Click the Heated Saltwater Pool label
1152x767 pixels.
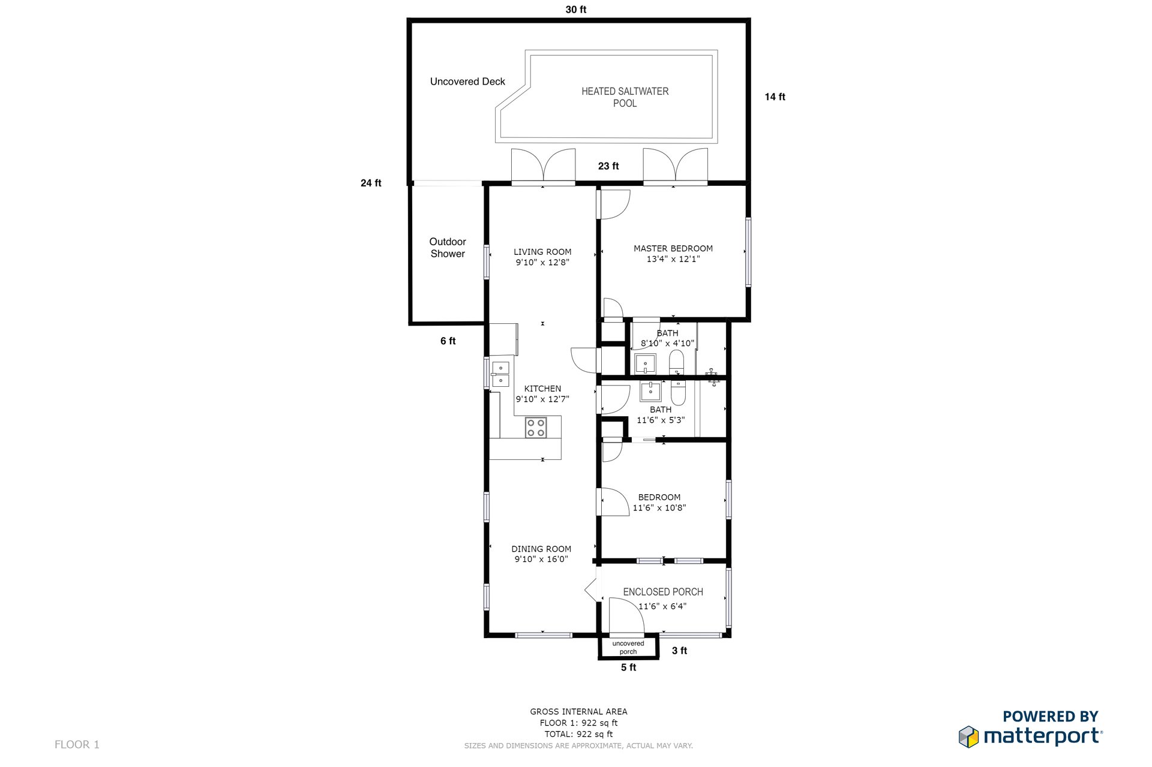pos(625,97)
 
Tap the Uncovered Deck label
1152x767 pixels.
pos(467,82)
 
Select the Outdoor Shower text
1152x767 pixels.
pos(448,248)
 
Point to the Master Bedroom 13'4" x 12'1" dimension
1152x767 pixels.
pos(673,259)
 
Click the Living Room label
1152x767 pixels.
pos(542,252)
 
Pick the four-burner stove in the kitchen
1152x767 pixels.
pos(536,428)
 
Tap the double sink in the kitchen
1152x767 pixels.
pos(500,374)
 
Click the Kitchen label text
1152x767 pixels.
pos(542,389)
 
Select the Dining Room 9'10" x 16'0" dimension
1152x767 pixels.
pos(541,560)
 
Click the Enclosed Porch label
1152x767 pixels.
pos(663,592)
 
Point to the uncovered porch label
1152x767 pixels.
pos(628,648)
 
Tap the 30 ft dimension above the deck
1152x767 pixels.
pos(576,10)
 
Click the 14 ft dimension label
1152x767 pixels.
pos(775,97)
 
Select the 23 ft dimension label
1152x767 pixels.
pos(608,166)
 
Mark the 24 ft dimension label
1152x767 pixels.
pos(371,183)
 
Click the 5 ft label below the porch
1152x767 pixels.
pos(628,667)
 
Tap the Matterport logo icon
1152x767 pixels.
pos(968,737)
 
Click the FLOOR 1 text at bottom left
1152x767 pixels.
pos(77,745)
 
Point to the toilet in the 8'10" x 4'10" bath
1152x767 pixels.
pos(676,363)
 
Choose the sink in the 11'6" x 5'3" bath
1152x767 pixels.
pos(650,392)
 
